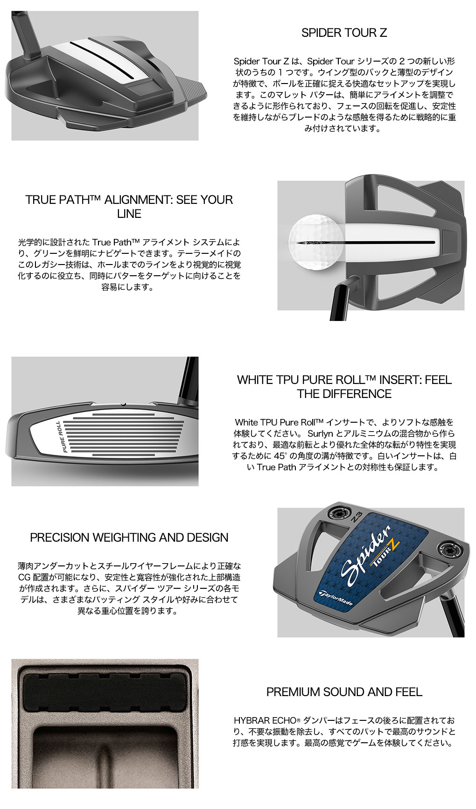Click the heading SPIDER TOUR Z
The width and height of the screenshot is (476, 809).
pos(344,33)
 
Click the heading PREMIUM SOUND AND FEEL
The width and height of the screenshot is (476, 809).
pos(344,692)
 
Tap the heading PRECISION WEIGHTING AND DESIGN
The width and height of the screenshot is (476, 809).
pos(129,537)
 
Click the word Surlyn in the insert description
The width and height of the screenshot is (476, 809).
pos(321,433)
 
